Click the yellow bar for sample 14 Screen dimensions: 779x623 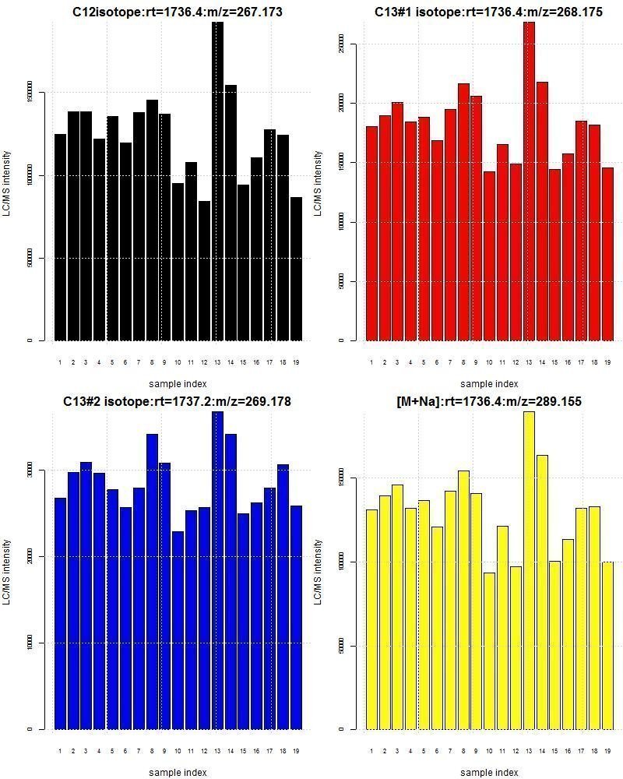coord(542,592)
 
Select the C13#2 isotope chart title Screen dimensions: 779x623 coord(177,401)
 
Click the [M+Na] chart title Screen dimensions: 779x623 coord(489,401)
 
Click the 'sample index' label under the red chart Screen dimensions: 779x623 coord(489,383)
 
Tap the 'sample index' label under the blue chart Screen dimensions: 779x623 coord(178,772)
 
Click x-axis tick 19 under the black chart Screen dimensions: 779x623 coord(296,362)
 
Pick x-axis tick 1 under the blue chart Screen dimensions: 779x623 coord(60,751)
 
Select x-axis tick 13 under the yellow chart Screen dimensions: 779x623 coord(529,751)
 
